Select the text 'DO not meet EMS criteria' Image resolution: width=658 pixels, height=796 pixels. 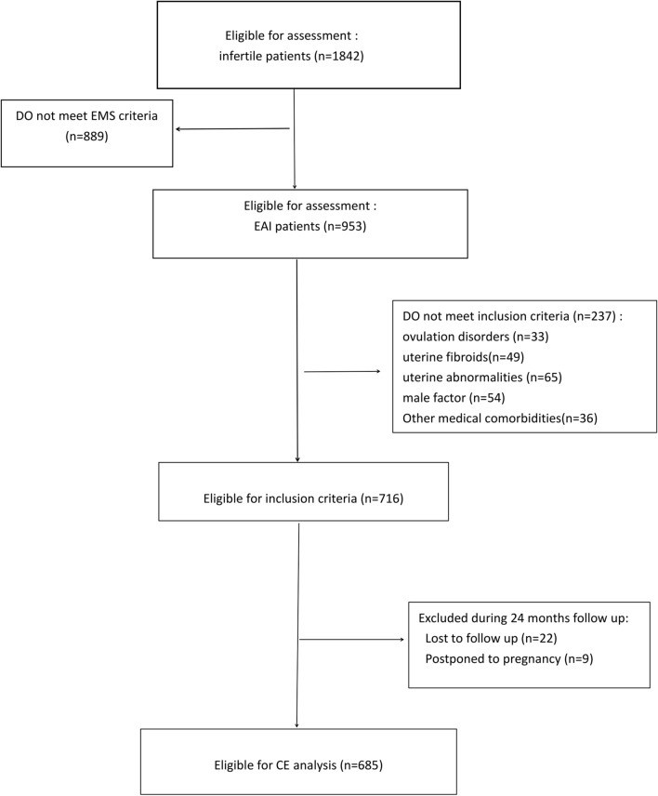[x=81, y=117]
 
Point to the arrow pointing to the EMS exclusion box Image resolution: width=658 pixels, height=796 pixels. [x=232, y=128]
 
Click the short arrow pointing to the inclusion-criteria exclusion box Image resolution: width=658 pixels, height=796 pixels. [x=342, y=372]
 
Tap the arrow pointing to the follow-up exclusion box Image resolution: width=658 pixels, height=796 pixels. [x=353, y=639]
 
